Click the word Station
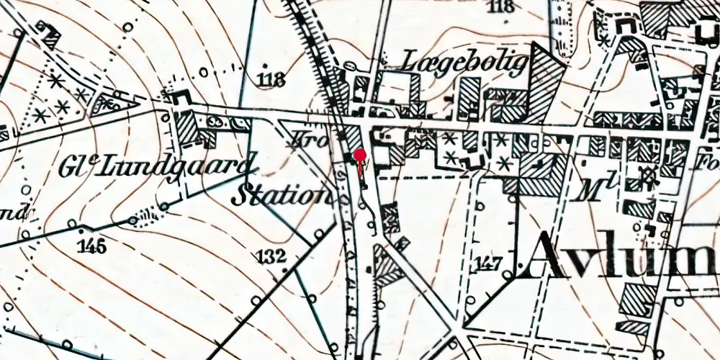[282, 195]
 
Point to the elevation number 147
[490, 263]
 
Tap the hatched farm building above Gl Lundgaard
[186, 127]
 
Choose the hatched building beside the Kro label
[353, 137]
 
